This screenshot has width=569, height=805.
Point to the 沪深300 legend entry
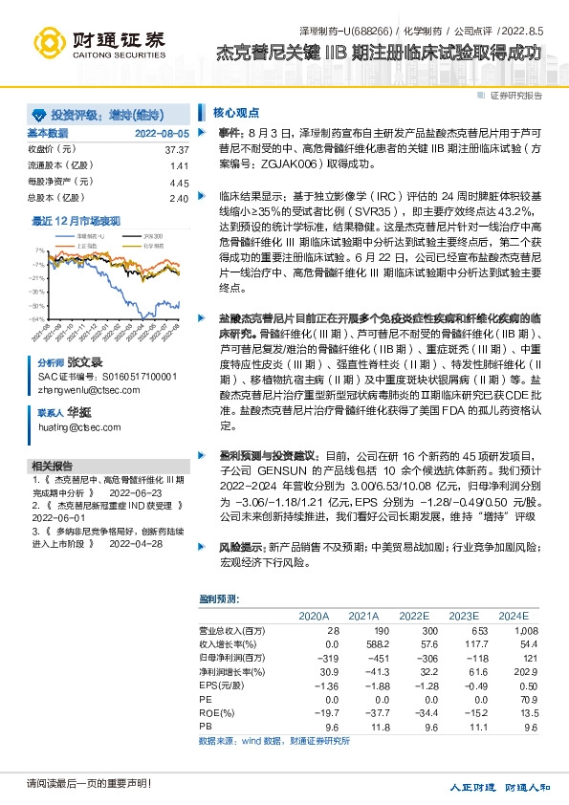click(x=153, y=234)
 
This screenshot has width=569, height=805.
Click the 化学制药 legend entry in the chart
click(x=153, y=245)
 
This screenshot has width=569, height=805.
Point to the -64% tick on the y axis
click(x=36, y=318)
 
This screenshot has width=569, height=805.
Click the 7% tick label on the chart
click(x=39, y=250)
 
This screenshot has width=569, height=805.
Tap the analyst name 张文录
click(x=84, y=364)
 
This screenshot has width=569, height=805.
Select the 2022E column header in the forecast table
click(x=413, y=615)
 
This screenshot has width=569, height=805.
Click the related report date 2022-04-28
click(x=164, y=543)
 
